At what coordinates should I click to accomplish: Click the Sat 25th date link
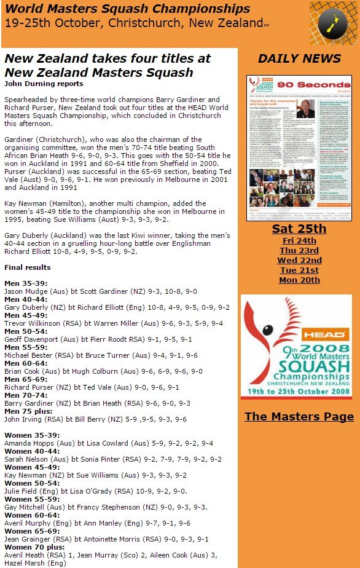299,229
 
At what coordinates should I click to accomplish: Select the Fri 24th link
299,240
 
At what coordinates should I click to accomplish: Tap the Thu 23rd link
299,250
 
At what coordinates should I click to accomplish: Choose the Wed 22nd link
299,260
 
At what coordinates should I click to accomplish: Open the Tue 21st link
299,270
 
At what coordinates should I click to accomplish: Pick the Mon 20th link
299,280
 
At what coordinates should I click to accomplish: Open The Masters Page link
299,416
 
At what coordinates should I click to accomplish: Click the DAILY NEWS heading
299,58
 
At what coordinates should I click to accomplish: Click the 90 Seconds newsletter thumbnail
299,148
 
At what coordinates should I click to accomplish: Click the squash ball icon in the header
332,23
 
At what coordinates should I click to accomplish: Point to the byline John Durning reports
44,84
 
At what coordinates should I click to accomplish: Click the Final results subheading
28,268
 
